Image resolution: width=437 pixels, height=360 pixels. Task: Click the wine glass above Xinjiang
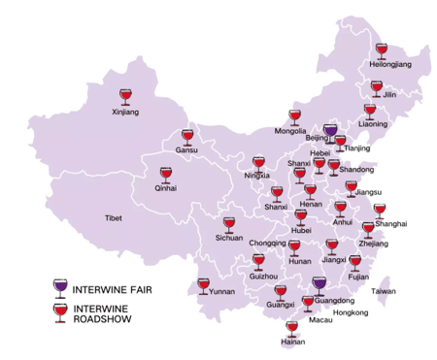click(124, 96)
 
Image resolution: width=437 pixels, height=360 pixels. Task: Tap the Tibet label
click(114, 219)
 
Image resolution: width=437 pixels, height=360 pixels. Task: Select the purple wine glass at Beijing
click(330, 131)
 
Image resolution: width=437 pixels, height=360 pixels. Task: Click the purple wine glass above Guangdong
click(319, 285)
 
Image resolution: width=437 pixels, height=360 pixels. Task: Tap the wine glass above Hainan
click(292, 328)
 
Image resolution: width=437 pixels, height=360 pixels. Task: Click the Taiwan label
click(385, 291)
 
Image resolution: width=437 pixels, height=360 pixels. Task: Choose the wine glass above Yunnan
click(204, 285)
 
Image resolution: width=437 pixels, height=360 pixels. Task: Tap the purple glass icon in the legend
click(63, 287)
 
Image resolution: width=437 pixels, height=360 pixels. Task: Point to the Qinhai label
click(165, 188)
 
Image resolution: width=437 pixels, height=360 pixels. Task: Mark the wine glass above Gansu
click(187, 137)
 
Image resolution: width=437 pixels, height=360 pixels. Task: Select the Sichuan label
click(228, 238)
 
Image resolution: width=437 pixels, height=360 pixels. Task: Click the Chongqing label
click(268, 243)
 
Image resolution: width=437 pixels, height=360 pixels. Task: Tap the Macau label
click(320, 319)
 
